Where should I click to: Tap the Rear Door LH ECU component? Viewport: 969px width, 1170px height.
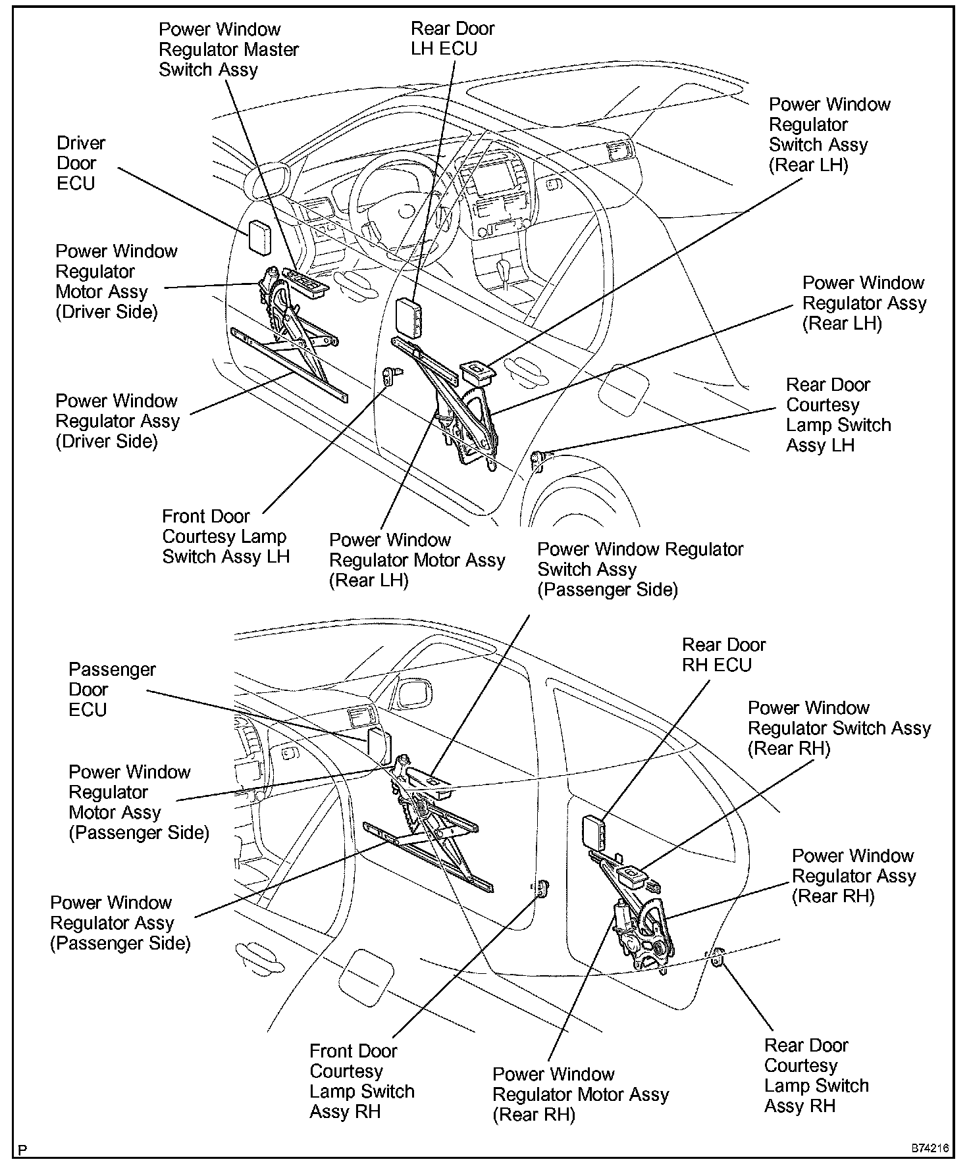coord(410,317)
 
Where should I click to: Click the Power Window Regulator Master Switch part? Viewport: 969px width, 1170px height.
coord(305,282)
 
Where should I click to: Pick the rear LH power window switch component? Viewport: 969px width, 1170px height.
coord(479,372)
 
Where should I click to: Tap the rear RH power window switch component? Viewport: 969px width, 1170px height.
coord(631,876)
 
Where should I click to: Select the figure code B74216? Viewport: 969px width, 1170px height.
coord(930,1148)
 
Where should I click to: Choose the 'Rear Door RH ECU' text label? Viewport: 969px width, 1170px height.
coord(723,654)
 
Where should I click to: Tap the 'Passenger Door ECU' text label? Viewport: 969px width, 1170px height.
coord(112,689)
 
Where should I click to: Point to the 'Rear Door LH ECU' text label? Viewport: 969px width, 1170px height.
coord(452,38)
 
